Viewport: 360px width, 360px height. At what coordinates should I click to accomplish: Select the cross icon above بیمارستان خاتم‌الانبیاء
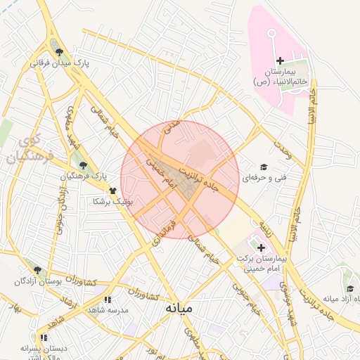tap(281, 61)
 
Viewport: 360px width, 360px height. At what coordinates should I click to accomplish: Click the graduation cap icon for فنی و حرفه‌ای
tap(264, 167)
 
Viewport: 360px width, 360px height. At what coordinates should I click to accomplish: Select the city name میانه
tap(181, 308)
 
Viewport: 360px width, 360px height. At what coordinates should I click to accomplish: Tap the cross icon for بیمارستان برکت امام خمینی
tap(262, 247)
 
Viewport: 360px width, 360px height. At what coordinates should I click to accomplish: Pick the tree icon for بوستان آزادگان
tap(37, 269)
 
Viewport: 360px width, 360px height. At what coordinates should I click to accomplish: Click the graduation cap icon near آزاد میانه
tap(349, 288)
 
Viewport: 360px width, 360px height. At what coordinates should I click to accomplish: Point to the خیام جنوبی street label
tap(246, 302)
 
